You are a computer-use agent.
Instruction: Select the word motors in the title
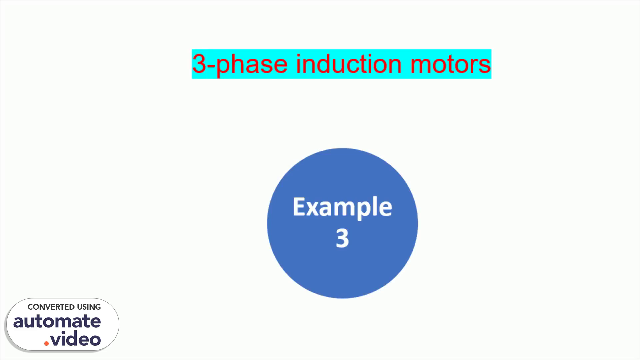pyautogui.click(x=450, y=64)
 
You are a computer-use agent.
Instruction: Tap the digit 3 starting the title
pyautogui.click(x=199, y=63)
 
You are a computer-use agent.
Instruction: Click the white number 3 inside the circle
pyautogui.click(x=342, y=238)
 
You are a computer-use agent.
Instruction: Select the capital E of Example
pyautogui.click(x=299, y=207)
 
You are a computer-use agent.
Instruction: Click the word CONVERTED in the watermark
pyautogui.click(x=51, y=307)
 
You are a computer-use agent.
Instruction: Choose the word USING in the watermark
pyautogui.click(x=89, y=307)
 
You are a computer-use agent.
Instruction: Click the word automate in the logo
pyautogui.click(x=57, y=321)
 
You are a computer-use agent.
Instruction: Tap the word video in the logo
pyautogui.click(x=76, y=339)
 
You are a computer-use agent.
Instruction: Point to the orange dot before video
pyautogui.click(x=46, y=343)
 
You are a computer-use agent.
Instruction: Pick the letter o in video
pyautogui.click(x=95, y=340)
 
